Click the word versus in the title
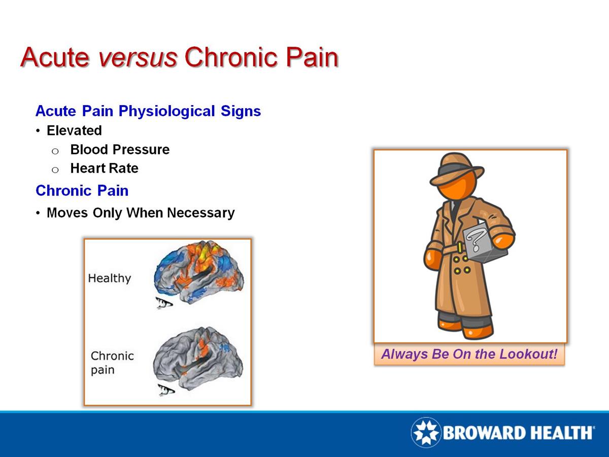(138, 57)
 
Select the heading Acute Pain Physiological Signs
(148, 111)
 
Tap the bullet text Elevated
(74, 130)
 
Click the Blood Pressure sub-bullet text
(120, 150)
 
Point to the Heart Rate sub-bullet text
(105, 168)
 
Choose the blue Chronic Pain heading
(82, 190)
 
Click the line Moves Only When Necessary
(141, 213)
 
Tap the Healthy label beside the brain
(109, 278)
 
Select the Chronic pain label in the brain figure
(112, 363)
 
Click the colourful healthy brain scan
(199, 272)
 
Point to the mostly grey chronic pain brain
(198, 358)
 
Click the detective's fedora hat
(456, 169)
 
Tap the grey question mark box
(485, 241)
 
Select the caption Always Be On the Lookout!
(469, 354)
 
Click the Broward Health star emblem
(426, 432)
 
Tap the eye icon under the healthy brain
(164, 303)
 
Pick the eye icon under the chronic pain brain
(166, 390)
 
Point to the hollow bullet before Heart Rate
(55, 170)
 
